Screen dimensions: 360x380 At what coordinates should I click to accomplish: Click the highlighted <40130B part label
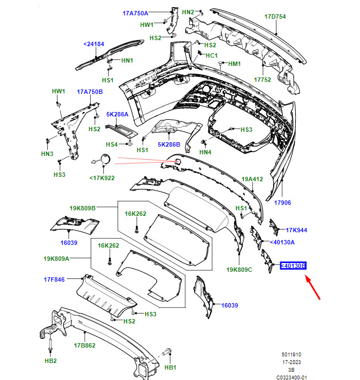click(293, 266)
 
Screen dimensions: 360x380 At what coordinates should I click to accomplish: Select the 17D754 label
click(275, 16)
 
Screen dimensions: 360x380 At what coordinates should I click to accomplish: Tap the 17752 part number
click(262, 80)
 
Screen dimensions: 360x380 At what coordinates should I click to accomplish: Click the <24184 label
click(93, 44)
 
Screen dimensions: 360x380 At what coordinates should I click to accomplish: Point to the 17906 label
click(283, 203)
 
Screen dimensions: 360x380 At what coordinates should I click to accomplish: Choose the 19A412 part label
click(252, 179)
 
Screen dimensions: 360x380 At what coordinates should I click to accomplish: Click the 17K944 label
click(296, 230)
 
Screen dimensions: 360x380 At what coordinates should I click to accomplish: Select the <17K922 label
click(102, 178)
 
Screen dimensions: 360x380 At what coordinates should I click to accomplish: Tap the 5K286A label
click(117, 114)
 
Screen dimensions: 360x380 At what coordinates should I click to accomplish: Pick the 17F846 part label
click(54, 280)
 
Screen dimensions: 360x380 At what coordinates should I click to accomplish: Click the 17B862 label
click(85, 345)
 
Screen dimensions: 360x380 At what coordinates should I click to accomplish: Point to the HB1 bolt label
click(170, 367)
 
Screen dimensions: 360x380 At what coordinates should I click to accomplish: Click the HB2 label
click(51, 361)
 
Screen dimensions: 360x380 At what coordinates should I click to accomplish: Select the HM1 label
click(234, 64)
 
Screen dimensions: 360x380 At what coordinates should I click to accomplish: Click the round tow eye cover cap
click(106, 159)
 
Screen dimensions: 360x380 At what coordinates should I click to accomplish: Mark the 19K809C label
click(239, 270)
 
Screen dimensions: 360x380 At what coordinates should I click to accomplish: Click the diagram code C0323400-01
click(292, 377)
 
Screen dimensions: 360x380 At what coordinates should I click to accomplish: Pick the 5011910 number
click(291, 355)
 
